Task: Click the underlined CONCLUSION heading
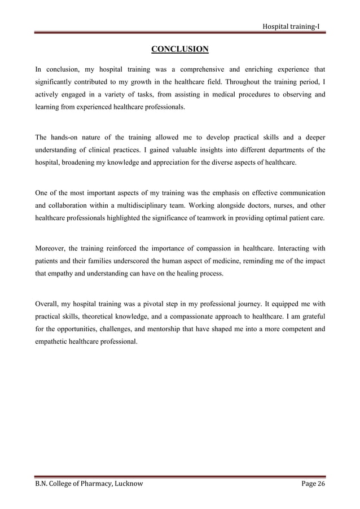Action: tap(180, 50)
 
